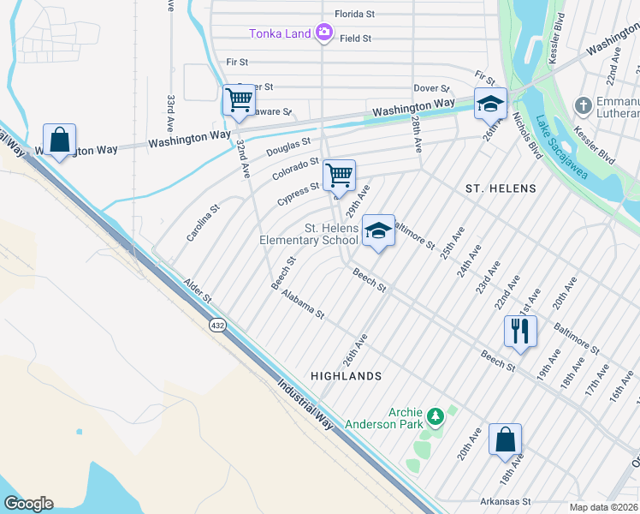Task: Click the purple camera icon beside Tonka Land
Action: tap(323, 33)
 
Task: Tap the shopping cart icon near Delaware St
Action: tap(239, 99)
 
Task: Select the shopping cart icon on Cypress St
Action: tap(340, 175)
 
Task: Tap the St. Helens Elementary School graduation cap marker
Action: tap(378, 230)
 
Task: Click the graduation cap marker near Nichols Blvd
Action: tap(491, 103)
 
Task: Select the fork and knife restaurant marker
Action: tap(520, 331)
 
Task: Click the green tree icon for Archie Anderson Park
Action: tap(436, 416)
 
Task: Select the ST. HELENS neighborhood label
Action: tap(500, 188)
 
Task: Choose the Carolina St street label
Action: tap(204, 221)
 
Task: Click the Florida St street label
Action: tap(354, 15)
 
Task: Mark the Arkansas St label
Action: tap(507, 501)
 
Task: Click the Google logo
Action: tap(28, 504)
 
